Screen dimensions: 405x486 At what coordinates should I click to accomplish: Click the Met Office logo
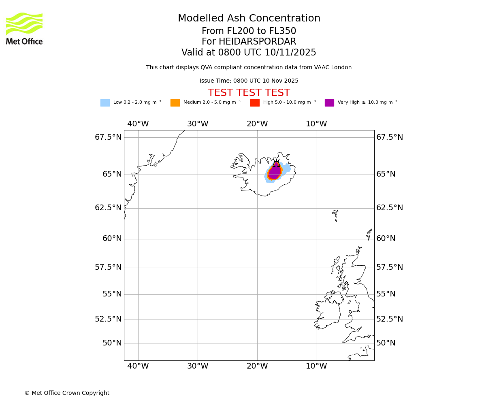coord(24,28)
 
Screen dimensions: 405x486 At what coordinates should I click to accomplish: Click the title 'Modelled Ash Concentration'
coord(249,19)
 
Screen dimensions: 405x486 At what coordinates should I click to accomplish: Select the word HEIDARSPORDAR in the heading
coord(257,42)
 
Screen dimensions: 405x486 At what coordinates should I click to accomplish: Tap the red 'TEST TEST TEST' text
coord(249,93)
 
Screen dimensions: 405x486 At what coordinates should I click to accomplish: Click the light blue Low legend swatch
coord(105,103)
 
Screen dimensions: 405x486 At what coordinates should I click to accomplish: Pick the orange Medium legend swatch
coord(175,103)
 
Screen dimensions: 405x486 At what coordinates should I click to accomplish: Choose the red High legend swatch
coord(255,103)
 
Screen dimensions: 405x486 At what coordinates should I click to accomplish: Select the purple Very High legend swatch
coord(329,103)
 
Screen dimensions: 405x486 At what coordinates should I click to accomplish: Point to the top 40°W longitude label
coord(138,124)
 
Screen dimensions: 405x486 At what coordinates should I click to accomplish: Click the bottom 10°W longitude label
coord(316,366)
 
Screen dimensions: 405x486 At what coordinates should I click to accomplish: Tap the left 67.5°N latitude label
coord(108,137)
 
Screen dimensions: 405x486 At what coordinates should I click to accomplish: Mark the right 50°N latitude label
coord(386,343)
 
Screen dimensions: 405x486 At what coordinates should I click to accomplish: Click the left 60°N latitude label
coord(112,239)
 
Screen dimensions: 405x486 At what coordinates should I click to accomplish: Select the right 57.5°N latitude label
coord(389,267)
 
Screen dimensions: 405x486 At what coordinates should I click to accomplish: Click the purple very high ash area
coord(275,172)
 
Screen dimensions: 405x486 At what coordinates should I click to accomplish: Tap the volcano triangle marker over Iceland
coord(276,164)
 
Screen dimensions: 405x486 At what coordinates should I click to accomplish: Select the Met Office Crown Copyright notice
coord(67,393)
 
